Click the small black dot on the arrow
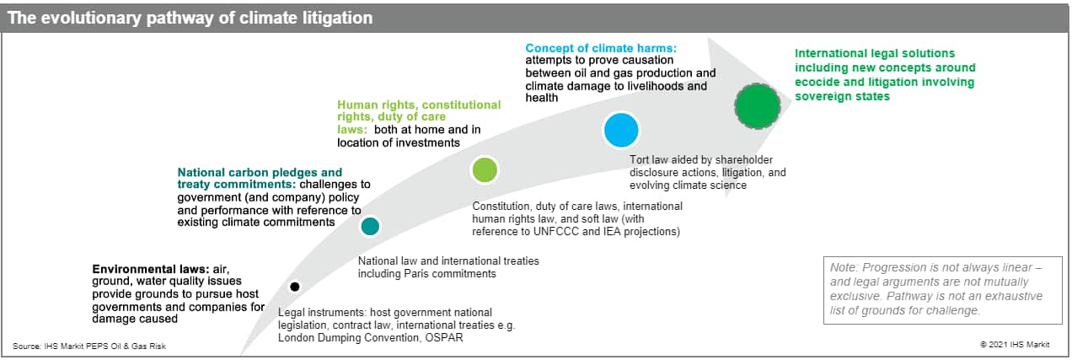[295, 287]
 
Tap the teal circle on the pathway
[370, 227]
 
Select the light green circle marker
[485, 170]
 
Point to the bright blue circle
[621, 130]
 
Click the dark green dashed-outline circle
[758, 105]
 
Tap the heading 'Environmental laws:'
[151, 269]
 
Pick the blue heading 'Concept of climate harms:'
[601, 48]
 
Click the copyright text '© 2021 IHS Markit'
[1015, 345]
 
